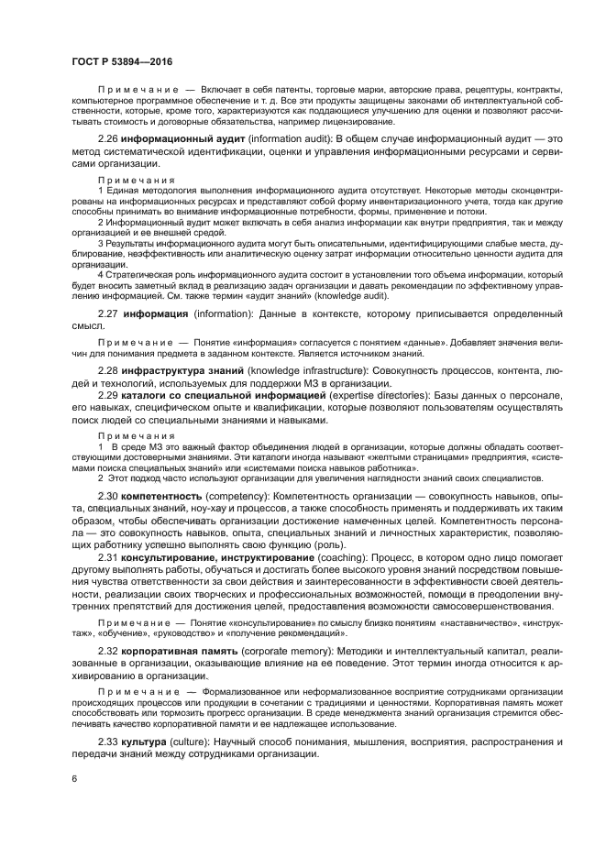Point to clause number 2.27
coord(111,313)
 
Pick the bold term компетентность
coord(161,496)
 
